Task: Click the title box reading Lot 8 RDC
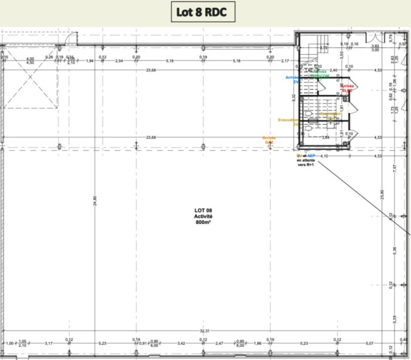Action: pyautogui.click(x=203, y=12)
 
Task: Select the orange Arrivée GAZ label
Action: pyautogui.click(x=269, y=140)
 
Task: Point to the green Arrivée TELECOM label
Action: pyautogui.click(x=320, y=73)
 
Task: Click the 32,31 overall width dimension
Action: pyautogui.click(x=204, y=331)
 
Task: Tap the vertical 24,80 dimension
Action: pyautogui.click(x=95, y=201)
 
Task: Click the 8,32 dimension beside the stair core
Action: pyautogui.click(x=294, y=97)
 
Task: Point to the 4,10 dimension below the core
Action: pyautogui.click(x=324, y=156)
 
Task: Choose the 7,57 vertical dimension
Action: pyautogui.click(x=395, y=168)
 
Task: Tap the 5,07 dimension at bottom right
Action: pyautogui.click(x=370, y=343)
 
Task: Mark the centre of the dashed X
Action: pyautogui.click(x=30, y=78)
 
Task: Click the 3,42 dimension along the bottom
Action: pyautogui.click(x=182, y=343)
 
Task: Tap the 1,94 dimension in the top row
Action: pyautogui.click(x=89, y=61)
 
